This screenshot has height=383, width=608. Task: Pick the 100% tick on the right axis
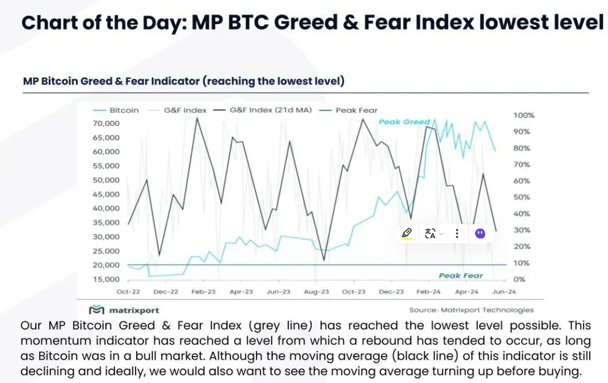pos(523,116)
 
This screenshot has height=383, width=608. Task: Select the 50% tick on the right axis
pos(521,198)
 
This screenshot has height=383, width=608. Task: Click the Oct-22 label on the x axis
pos(129,292)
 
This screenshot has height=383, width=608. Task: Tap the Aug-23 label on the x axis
pos(317,292)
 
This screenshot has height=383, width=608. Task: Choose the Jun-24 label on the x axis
pos(504,292)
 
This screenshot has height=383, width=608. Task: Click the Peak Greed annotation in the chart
pos(404,122)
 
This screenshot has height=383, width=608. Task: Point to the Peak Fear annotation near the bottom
pos(461,275)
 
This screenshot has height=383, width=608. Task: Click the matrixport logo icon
pos(96,310)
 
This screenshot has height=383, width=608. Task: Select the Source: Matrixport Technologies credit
pos(471,310)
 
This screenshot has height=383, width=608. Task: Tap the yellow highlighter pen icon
pos(407,234)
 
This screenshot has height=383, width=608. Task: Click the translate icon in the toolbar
pos(430,234)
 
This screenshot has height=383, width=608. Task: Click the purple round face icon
pos(480,234)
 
